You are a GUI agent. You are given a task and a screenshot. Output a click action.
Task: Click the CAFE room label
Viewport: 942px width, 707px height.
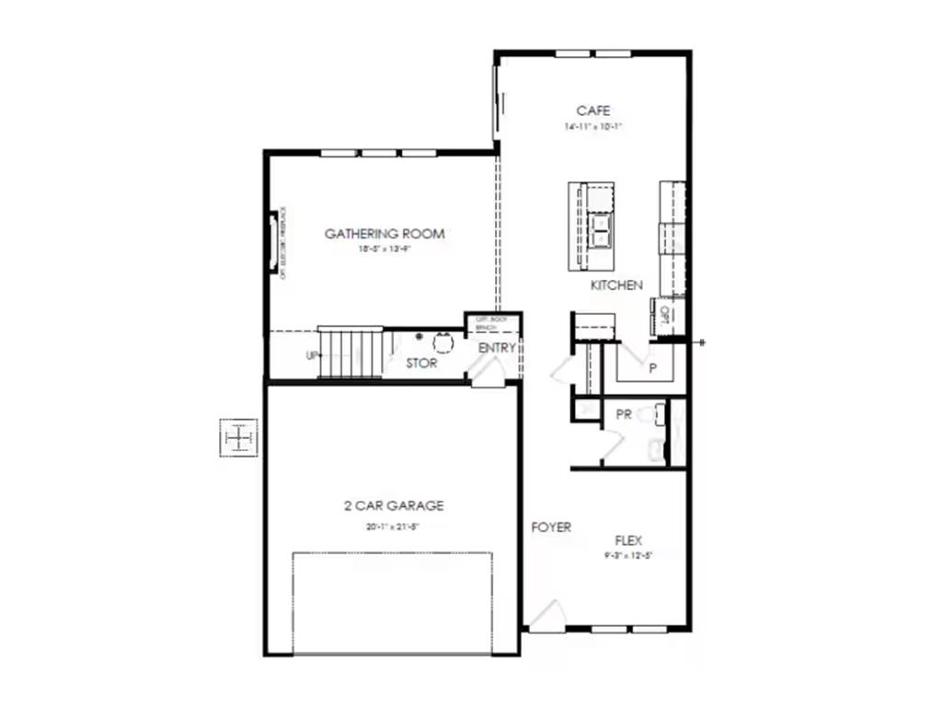coord(593,111)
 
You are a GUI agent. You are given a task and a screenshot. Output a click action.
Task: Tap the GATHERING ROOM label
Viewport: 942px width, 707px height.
coord(385,234)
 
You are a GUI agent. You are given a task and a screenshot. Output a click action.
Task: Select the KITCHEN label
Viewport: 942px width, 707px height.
coord(616,285)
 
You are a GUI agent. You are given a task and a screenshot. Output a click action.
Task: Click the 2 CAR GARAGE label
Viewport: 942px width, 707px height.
coord(394,505)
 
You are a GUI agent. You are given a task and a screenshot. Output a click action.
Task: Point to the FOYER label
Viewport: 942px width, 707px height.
coord(551,527)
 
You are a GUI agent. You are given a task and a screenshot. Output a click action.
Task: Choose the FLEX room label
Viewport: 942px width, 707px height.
coord(628,540)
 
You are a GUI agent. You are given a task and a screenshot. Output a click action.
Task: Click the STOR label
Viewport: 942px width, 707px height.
coord(421,364)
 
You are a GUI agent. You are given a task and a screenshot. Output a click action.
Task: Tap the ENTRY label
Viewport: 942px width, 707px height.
coord(497,348)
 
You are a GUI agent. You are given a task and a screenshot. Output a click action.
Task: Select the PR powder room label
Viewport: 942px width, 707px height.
coord(623,415)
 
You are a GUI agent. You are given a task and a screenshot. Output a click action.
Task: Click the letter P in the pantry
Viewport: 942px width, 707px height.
coord(652,368)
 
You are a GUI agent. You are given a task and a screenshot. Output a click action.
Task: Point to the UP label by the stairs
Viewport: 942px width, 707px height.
coord(312,356)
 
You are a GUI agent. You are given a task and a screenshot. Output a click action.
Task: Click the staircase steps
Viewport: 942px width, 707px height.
coord(350,352)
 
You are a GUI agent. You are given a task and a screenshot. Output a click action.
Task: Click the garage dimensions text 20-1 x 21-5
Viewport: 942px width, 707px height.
coord(394,527)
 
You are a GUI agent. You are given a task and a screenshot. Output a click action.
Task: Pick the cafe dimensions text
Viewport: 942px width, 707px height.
coord(593,127)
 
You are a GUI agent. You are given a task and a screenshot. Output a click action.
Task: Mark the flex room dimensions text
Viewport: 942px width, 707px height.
coord(628,556)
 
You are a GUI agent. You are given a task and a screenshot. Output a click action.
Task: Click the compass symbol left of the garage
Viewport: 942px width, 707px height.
coord(239,437)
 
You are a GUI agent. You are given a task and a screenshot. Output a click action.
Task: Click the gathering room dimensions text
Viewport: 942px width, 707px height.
coord(385,249)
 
